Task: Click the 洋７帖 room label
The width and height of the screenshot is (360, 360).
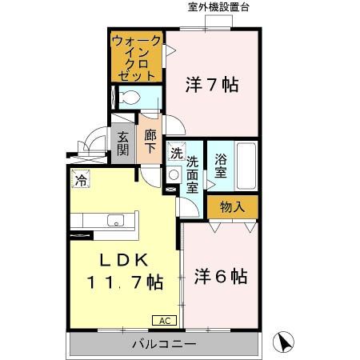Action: (213, 85)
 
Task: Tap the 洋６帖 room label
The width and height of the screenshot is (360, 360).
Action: (221, 278)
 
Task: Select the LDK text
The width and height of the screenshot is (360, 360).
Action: (124, 260)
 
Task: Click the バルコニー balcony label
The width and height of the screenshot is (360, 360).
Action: (164, 345)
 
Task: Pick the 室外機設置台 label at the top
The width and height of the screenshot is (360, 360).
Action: (218, 7)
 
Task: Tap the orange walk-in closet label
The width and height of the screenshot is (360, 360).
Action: (137, 56)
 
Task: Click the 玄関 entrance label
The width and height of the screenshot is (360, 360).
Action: (123, 145)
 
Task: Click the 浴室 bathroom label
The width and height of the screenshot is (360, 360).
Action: (222, 165)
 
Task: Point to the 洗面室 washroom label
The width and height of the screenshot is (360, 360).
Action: (193, 174)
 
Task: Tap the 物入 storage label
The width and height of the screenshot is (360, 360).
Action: (232, 207)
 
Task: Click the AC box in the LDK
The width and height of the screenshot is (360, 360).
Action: (164, 320)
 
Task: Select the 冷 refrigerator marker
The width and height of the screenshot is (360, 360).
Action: (80, 180)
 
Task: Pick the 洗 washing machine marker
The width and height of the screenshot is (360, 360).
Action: (176, 152)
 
